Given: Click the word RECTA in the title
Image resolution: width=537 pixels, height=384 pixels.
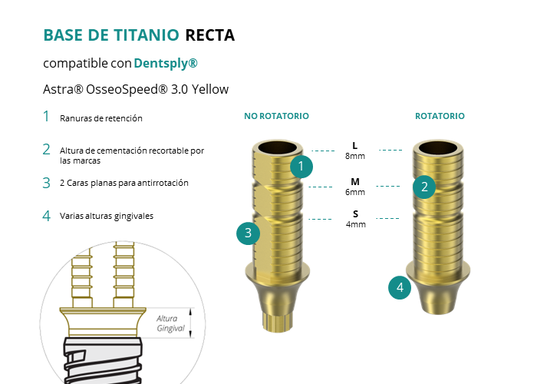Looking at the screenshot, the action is tap(210, 35).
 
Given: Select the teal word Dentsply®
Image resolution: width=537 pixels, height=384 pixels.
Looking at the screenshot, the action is tap(166, 64).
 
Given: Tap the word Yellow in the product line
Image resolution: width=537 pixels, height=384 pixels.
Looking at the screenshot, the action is tap(210, 89).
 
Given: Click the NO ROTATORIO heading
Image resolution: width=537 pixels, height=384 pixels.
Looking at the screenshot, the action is tap(276, 116).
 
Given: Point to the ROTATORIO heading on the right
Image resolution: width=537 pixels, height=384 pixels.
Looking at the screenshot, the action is tap(440, 116).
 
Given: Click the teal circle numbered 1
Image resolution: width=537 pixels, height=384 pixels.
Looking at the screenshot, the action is tap(301, 167).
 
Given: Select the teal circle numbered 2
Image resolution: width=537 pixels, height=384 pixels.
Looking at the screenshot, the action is tap(424, 187).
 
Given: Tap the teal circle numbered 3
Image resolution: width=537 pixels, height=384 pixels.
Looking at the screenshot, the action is tap(249, 233).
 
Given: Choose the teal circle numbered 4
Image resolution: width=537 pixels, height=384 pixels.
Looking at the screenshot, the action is tap(400, 288).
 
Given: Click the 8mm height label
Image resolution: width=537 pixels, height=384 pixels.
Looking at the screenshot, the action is tap(355, 156).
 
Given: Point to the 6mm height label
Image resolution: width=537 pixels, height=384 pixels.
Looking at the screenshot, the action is tap(355, 192).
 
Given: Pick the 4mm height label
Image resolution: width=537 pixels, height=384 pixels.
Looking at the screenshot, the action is tap(356, 224).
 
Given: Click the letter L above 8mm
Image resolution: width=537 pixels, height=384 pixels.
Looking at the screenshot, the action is tap(355, 146).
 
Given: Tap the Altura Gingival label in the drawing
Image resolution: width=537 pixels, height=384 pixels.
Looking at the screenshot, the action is tap(170, 323).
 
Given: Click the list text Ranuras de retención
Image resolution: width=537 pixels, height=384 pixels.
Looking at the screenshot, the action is tap(101, 118).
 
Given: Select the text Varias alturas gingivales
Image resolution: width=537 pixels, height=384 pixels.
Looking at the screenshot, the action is tap(107, 216).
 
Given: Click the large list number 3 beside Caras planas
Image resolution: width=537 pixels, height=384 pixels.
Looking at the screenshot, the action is tap(47, 183).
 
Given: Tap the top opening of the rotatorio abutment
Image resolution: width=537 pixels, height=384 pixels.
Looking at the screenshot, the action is tap(438, 148).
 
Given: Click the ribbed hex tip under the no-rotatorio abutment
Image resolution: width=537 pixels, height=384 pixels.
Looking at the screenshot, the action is tap(278, 322).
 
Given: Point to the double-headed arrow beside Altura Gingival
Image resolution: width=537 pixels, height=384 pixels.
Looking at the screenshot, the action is tap(191, 323).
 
